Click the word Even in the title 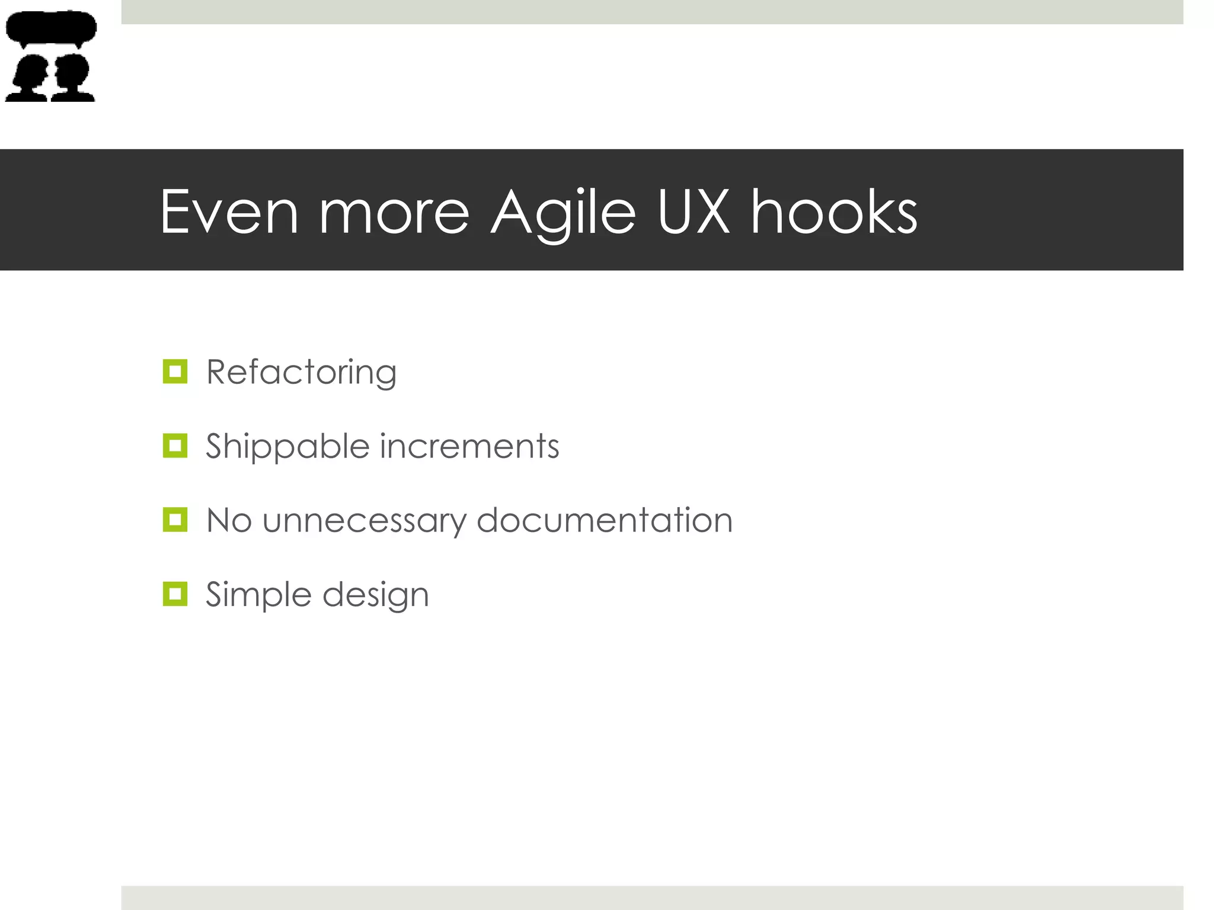pos(229,212)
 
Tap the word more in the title pos(394,212)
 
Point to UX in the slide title pos(693,212)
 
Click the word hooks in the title pos(834,212)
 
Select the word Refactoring pos(301,373)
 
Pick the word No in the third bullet pos(229,520)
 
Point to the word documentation pos(605,520)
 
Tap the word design pos(376,595)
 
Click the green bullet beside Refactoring pos(175,371)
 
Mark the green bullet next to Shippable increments pos(175,446)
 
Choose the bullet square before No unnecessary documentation pos(175,520)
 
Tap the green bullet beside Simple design pos(175,594)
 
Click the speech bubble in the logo pos(51,27)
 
